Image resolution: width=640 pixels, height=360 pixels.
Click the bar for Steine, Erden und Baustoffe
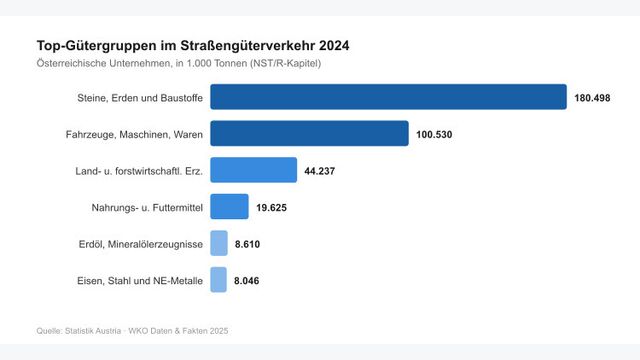(389, 97)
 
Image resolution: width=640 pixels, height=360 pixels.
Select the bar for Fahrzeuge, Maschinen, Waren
(309, 133)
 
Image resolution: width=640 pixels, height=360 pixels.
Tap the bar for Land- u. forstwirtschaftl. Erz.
(253, 170)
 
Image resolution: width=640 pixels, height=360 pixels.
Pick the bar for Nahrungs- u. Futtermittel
(229, 206)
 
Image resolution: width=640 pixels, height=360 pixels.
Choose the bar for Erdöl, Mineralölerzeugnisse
(218, 243)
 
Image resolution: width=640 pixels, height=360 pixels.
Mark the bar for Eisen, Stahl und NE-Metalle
(218, 280)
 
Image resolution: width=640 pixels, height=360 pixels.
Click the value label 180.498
(592, 98)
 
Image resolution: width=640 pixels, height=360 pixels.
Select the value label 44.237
(320, 171)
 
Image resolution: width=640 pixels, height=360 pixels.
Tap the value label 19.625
(272, 207)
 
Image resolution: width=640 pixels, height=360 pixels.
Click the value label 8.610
(247, 244)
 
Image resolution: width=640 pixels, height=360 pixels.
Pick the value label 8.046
(247, 281)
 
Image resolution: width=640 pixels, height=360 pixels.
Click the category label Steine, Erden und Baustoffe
(140, 98)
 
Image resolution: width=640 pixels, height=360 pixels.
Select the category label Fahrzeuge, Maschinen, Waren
(141, 134)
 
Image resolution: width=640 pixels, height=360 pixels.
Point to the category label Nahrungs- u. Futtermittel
(147, 207)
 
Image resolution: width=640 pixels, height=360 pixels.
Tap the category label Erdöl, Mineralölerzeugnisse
(141, 244)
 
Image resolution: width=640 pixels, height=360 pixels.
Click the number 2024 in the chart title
(332, 45)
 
